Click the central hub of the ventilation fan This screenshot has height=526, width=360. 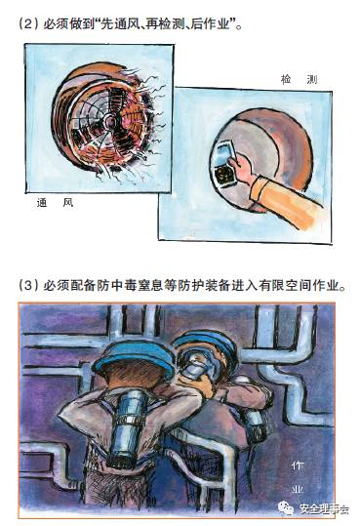tap(110, 121)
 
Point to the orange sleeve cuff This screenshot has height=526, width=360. tap(260, 189)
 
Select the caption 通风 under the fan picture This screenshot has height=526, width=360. tap(55, 203)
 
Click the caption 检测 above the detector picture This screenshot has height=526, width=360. tap(299, 79)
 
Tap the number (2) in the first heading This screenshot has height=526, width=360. tap(28, 24)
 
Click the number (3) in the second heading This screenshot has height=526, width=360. tap(28, 286)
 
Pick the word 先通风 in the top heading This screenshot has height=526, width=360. tap(119, 24)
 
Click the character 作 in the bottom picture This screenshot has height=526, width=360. tap(298, 465)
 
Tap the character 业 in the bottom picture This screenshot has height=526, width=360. tap(298, 490)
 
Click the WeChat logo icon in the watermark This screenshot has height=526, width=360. tap(286, 508)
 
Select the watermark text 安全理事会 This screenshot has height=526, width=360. tap(324, 509)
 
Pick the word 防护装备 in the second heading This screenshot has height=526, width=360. tap(204, 286)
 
